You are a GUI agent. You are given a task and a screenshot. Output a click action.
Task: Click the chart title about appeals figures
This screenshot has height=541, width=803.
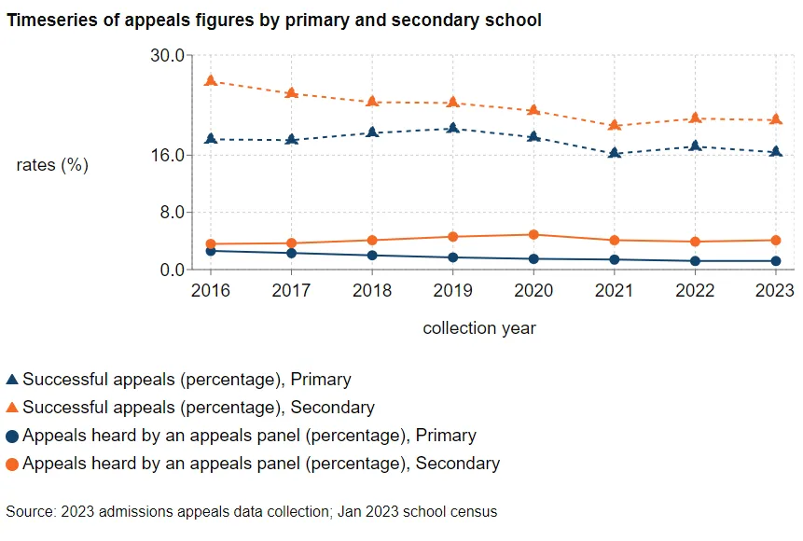coord(273,20)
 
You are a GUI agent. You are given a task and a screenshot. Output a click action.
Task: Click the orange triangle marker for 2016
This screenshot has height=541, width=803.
coord(211,81)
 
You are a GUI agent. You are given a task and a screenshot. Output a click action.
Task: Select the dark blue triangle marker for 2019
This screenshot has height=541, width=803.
coord(452,128)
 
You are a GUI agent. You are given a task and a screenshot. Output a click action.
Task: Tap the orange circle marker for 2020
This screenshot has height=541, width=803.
coord(533,235)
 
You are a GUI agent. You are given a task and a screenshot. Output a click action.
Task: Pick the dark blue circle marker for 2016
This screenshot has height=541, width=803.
coord(211,251)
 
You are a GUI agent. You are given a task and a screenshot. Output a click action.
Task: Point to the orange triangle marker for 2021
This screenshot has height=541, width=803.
coord(614,125)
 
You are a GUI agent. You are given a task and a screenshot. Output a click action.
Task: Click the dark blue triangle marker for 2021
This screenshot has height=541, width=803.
coord(614,152)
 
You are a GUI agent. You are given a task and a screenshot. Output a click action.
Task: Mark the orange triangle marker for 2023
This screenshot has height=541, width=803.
coord(775,119)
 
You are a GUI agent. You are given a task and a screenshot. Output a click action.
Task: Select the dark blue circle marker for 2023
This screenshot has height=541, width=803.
coord(775,261)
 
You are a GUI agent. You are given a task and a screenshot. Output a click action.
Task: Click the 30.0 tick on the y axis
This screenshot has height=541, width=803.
coord(166,55)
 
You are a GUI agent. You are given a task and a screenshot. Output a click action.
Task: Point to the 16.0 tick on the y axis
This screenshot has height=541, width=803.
coord(166,155)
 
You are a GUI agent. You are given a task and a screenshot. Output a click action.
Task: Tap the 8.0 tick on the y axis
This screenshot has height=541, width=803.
coord(170,213)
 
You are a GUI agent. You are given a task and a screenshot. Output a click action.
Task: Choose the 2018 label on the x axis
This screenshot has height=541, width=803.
coord(372,291)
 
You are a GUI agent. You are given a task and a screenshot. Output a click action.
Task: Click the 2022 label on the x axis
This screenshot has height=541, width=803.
coord(695,291)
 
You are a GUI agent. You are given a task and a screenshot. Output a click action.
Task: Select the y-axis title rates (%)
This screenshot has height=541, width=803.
coord(52,165)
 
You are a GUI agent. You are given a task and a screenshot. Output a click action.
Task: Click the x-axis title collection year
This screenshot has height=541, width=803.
coord(479,328)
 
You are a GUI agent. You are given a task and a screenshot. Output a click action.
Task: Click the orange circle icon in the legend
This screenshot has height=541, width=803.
coord(12,464)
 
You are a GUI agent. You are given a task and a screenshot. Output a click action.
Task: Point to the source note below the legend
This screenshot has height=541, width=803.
coord(251,511)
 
